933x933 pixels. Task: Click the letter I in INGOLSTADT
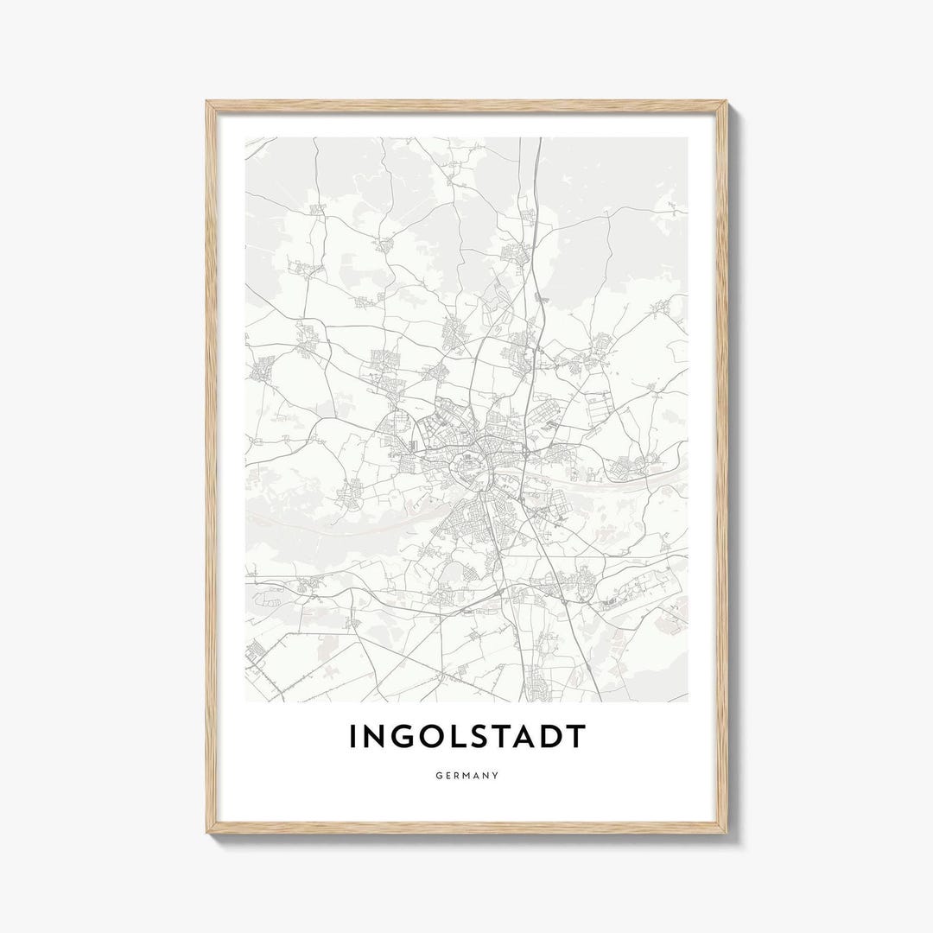(x=352, y=737)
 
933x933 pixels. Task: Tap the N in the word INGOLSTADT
(x=374, y=737)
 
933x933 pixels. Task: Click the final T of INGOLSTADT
(x=578, y=737)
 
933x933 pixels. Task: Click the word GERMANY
(x=466, y=776)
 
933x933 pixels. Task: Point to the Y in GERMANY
(x=496, y=776)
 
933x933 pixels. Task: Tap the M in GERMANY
(x=467, y=776)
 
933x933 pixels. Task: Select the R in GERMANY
(x=457, y=776)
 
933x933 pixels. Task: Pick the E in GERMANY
(x=447, y=776)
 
